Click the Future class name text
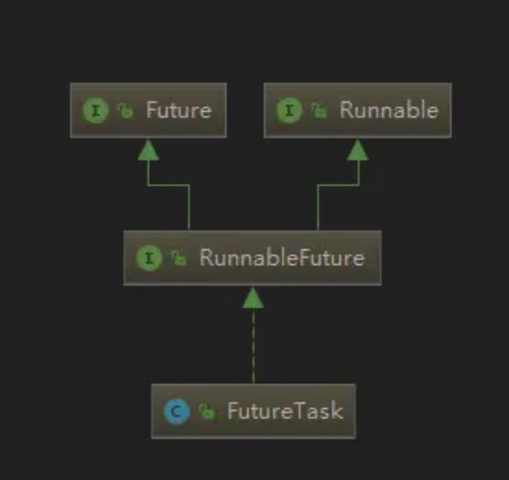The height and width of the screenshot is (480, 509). [179, 110]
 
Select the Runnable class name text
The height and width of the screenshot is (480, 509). [389, 110]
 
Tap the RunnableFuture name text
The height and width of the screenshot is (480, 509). [282, 258]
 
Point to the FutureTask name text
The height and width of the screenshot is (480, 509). [285, 411]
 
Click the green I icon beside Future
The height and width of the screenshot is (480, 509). [96, 111]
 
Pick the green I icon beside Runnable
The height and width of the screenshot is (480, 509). [290, 110]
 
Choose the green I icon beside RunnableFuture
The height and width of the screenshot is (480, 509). [149, 258]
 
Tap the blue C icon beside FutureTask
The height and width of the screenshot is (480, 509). [177, 412]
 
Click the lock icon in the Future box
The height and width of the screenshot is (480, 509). [125, 111]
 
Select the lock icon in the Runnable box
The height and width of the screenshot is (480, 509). [319, 111]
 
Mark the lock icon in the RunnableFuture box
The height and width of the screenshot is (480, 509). [179, 258]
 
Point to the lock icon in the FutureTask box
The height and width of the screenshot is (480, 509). [207, 412]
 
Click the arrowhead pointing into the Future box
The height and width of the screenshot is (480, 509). [148, 150]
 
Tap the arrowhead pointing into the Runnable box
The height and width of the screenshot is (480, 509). [358, 150]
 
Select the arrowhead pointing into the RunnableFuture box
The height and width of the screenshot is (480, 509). [253, 297]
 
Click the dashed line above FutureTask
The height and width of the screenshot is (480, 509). [254, 345]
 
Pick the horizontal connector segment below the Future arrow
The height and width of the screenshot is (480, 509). [169, 186]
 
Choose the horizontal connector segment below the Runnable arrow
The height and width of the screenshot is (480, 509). [337, 186]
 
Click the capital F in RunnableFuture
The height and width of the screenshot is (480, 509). [302, 258]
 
